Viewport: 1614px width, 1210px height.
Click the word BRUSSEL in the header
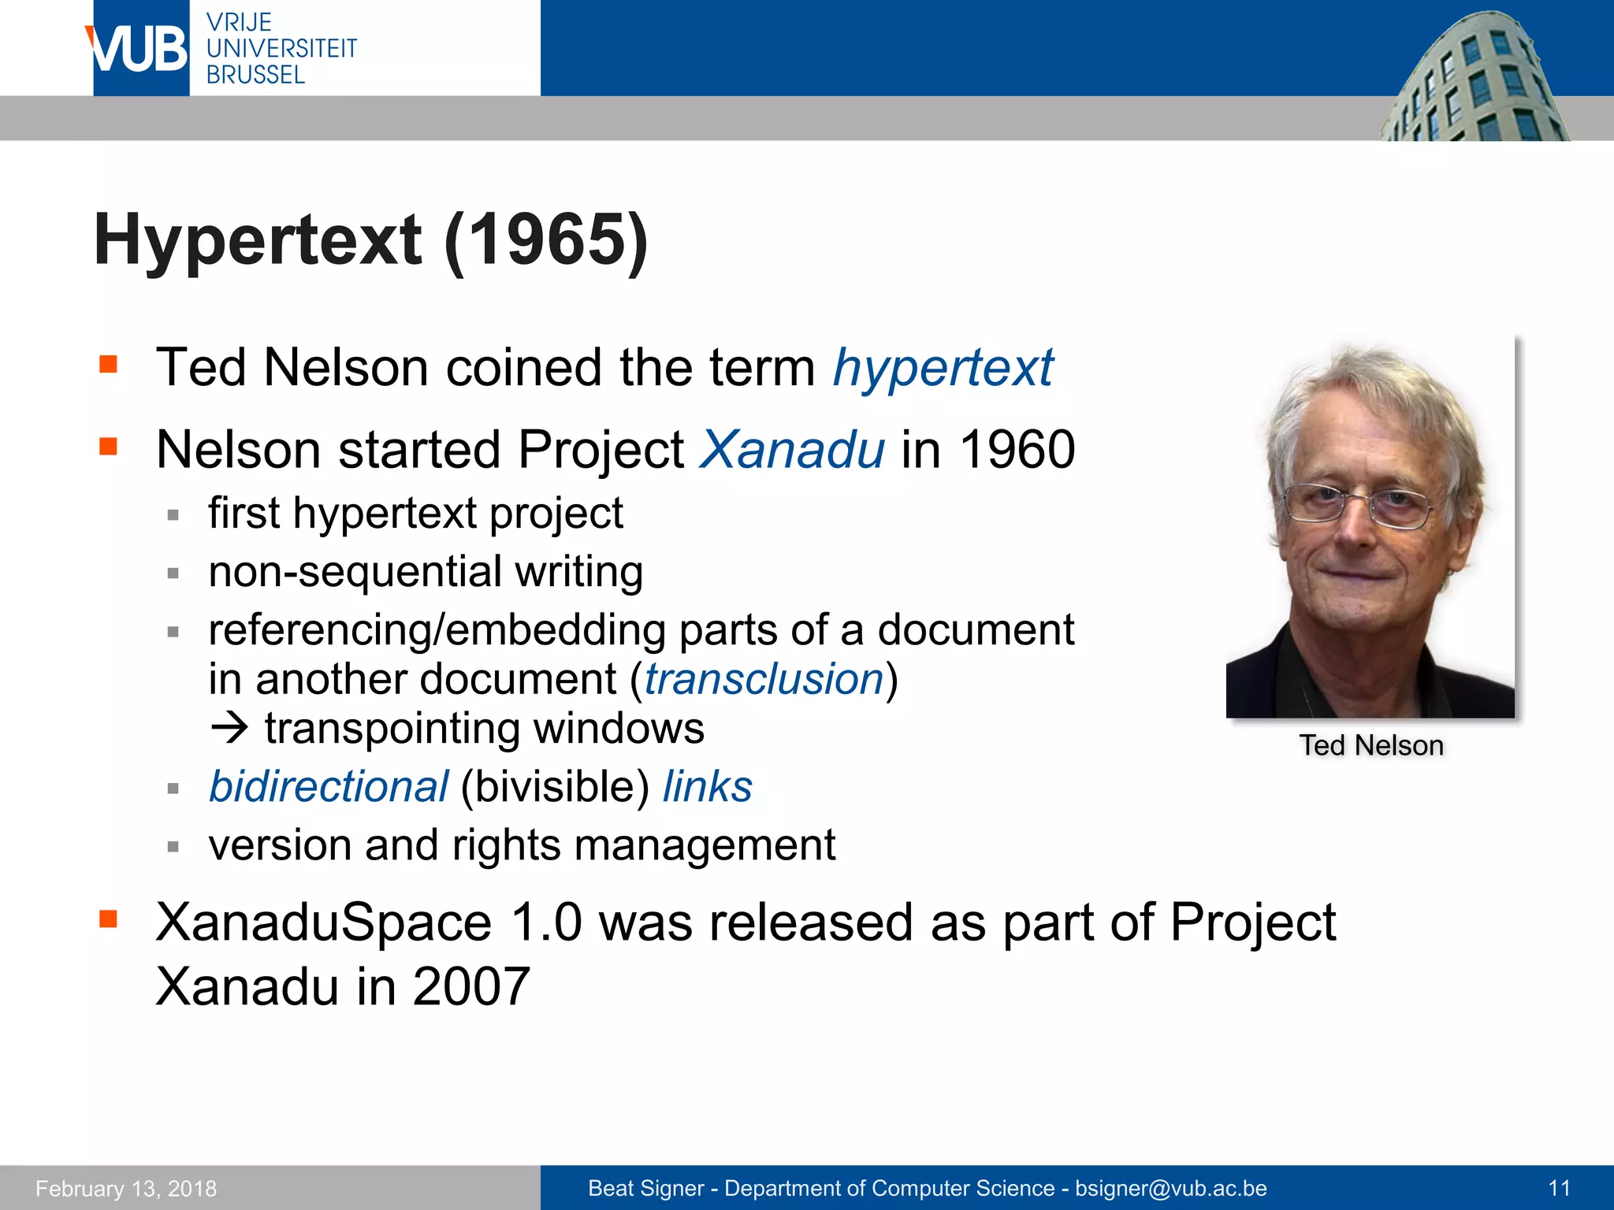coord(255,75)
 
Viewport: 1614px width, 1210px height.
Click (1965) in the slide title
coord(545,240)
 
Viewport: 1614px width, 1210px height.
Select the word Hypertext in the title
coord(258,240)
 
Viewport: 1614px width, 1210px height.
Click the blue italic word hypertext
coord(943,368)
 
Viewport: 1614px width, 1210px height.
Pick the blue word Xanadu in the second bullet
coord(792,450)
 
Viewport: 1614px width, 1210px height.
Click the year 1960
coord(1017,450)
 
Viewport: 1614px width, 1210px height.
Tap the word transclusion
coord(764,679)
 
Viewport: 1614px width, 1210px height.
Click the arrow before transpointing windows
coord(229,728)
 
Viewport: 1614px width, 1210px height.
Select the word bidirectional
coord(328,786)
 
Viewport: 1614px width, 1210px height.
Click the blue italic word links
coord(707,786)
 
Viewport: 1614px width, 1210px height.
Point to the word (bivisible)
coord(555,786)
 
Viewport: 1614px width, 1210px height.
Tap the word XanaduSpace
coord(323,922)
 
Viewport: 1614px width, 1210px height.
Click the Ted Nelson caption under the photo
coord(1370,745)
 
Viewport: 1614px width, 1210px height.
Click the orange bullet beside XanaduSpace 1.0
coord(108,919)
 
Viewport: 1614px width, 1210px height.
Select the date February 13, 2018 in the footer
coord(126,1188)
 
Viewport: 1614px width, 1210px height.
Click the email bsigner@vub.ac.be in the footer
coord(1170,1188)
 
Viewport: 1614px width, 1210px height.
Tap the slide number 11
coord(1559,1188)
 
